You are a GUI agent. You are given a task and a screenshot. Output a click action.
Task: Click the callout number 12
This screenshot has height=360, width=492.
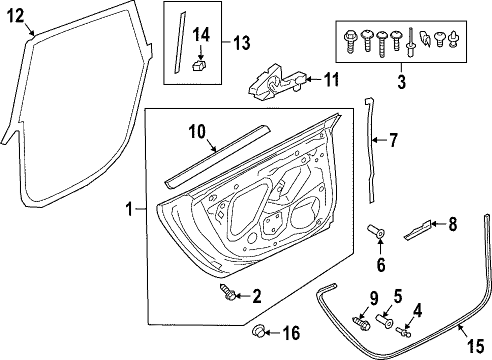pyautogui.click(x=15, y=15)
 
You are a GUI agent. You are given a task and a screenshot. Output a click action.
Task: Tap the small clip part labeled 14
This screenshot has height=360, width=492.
pyautogui.click(x=200, y=65)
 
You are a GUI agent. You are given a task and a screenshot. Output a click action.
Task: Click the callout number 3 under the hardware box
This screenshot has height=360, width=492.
pyautogui.click(x=401, y=81)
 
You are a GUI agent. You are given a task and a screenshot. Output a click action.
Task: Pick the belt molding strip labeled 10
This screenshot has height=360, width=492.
pyautogui.click(x=217, y=157)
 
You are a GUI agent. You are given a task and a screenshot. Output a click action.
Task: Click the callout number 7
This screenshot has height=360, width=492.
pyautogui.click(x=393, y=140)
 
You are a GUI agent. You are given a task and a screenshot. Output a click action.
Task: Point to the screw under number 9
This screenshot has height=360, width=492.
pyautogui.click(x=362, y=323)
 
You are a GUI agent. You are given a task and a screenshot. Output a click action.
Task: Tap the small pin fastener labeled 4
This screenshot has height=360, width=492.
pyautogui.click(x=403, y=332)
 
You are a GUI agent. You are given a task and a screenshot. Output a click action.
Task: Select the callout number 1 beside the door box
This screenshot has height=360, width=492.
pyautogui.click(x=129, y=210)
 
